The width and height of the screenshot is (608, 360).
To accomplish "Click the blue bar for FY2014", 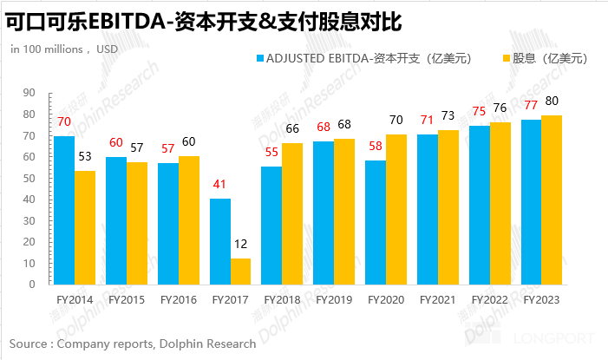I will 64,210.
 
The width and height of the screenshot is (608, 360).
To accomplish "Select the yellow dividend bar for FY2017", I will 240,272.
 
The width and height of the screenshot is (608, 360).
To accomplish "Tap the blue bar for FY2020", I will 376,222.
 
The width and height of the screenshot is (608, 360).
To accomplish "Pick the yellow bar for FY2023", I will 552,200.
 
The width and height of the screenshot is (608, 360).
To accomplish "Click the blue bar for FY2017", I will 219,241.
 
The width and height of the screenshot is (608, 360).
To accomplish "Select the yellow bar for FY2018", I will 292,213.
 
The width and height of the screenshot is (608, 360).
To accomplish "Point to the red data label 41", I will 219,184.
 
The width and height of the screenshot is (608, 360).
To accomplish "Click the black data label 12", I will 240,245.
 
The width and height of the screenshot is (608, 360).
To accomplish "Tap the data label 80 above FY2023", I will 552,101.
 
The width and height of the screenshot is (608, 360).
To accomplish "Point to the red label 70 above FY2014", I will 64,121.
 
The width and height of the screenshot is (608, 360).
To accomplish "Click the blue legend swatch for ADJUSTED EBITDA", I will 259,59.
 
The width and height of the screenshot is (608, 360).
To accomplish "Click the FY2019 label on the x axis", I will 333,299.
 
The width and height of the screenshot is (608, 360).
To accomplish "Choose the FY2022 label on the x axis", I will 489,299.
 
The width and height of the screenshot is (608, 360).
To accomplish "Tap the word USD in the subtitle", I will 107,49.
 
